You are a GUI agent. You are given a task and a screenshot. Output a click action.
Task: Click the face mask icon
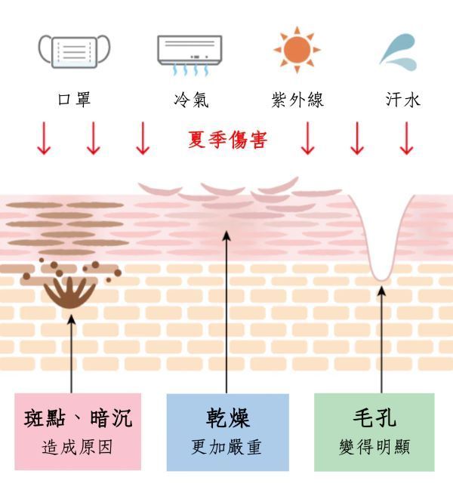(x=74, y=51)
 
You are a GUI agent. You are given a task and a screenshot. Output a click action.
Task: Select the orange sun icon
(x=297, y=50)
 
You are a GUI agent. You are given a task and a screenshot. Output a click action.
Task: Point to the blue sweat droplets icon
(x=399, y=53)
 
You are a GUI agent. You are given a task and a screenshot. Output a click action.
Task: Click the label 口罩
(x=74, y=99)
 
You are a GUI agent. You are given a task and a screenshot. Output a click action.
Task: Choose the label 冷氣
(x=192, y=100)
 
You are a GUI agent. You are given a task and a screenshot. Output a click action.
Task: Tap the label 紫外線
(x=297, y=100)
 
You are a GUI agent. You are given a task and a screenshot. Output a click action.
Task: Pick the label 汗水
(x=402, y=99)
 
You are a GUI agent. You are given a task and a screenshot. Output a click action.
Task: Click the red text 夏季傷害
(x=227, y=140)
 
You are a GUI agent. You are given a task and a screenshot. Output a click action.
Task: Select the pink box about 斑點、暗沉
(x=78, y=432)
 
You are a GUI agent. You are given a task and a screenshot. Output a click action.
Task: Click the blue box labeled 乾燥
(x=227, y=433)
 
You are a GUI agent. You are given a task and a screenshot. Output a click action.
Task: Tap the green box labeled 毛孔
(x=374, y=433)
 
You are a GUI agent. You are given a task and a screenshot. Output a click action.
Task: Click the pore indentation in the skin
(x=381, y=243)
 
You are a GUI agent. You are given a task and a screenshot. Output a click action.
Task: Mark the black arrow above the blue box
(x=226, y=313)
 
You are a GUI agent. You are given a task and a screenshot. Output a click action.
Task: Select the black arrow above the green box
(x=381, y=340)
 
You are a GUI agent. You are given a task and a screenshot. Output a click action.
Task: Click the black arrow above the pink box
(x=72, y=354)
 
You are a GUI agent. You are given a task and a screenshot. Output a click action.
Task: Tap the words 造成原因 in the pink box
(x=77, y=447)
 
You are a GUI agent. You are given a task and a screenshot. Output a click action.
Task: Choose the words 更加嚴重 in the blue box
(x=226, y=447)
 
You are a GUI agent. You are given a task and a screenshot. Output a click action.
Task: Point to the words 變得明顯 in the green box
(x=374, y=447)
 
